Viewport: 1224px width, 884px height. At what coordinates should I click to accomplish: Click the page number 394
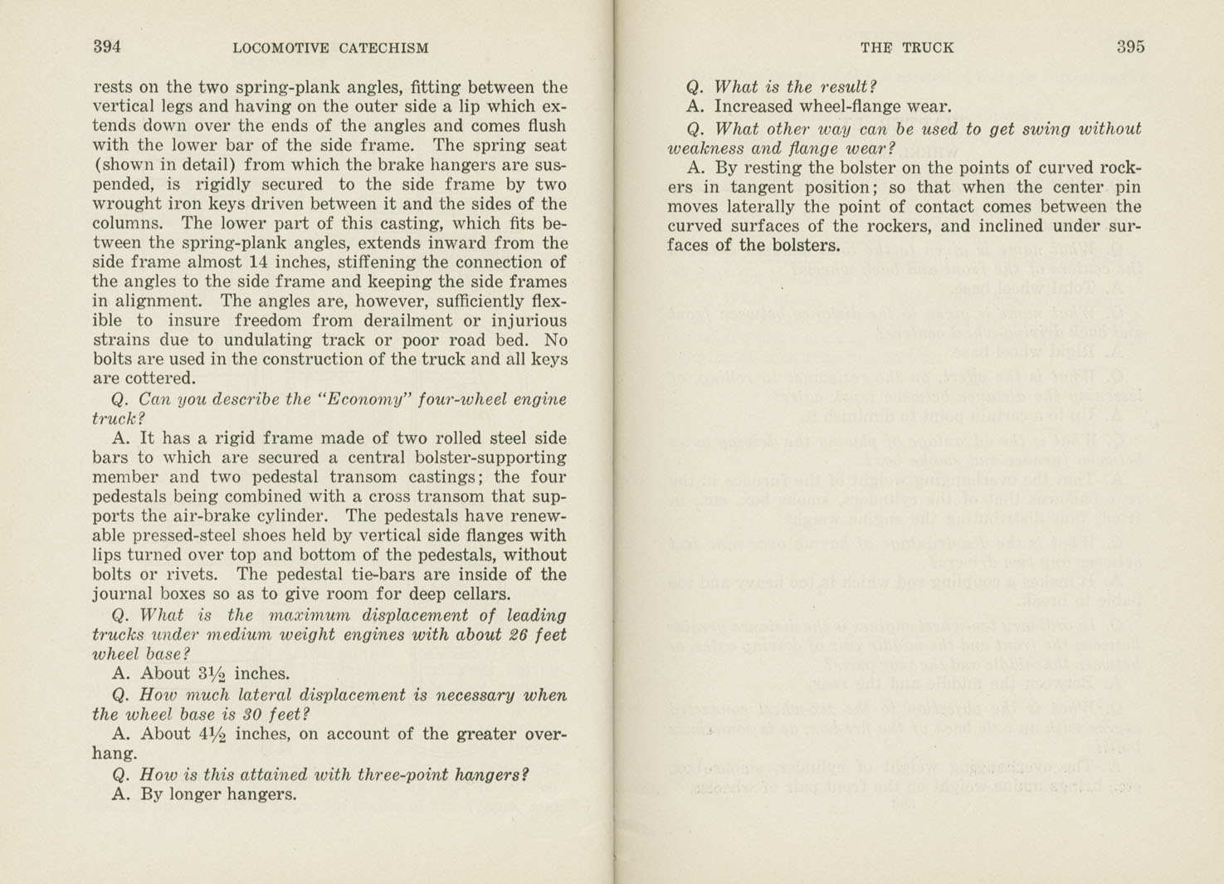tap(107, 47)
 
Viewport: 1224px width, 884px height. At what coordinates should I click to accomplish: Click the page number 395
tap(1130, 47)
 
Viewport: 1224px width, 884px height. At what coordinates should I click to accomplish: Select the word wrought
tap(124, 204)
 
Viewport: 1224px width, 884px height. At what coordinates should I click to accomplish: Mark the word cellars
tap(477, 594)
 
